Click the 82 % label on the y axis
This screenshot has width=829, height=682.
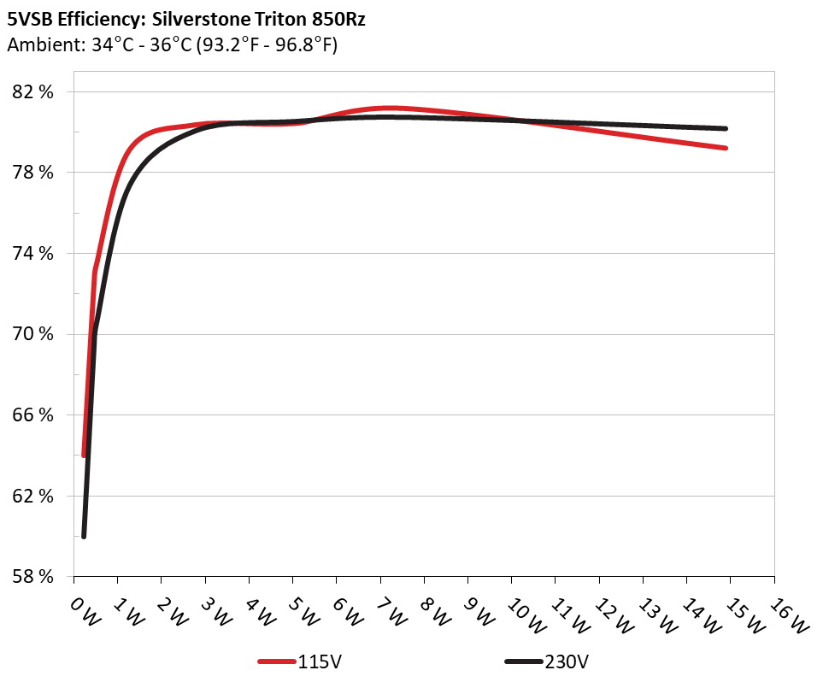[34, 91]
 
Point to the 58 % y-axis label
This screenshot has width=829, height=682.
[34, 577]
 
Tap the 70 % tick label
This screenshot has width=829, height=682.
[34, 334]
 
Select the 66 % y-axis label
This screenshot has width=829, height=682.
[34, 415]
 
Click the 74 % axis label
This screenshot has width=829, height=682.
[34, 254]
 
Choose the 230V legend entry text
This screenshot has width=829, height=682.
[565, 661]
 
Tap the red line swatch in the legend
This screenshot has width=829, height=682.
[278, 661]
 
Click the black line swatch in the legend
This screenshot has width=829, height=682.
[524, 661]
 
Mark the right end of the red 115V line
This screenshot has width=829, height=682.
[726, 148]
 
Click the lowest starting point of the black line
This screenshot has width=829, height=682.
[84, 536]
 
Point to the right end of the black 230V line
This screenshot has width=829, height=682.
[726, 128]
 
